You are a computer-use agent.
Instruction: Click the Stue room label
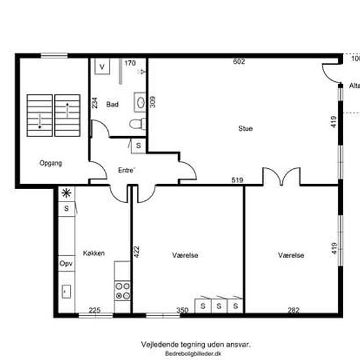(245, 128)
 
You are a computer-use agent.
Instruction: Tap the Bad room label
(113, 105)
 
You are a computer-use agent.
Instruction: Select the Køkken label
(94, 253)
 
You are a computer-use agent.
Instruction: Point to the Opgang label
(51, 163)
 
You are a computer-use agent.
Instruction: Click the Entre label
(126, 170)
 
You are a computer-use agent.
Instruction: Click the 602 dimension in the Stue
(239, 62)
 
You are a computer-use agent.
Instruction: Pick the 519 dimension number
(237, 180)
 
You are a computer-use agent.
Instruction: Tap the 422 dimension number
(136, 252)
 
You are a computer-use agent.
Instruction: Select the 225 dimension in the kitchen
(95, 310)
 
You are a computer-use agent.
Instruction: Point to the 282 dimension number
(294, 310)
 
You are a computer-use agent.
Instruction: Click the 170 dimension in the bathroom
(130, 63)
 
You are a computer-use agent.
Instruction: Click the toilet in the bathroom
(137, 124)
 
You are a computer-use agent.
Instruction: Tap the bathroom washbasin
(140, 102)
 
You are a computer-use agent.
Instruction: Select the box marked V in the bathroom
(102, 67)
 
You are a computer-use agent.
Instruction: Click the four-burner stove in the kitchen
(122, 291)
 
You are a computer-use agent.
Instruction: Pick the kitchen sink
(66, 291)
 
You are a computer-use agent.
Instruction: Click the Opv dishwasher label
(66, 263)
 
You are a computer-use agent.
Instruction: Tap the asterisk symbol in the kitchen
(66, 193)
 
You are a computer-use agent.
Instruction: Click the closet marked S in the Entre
(139, 145)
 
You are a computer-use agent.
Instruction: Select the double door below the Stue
(281, 176)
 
